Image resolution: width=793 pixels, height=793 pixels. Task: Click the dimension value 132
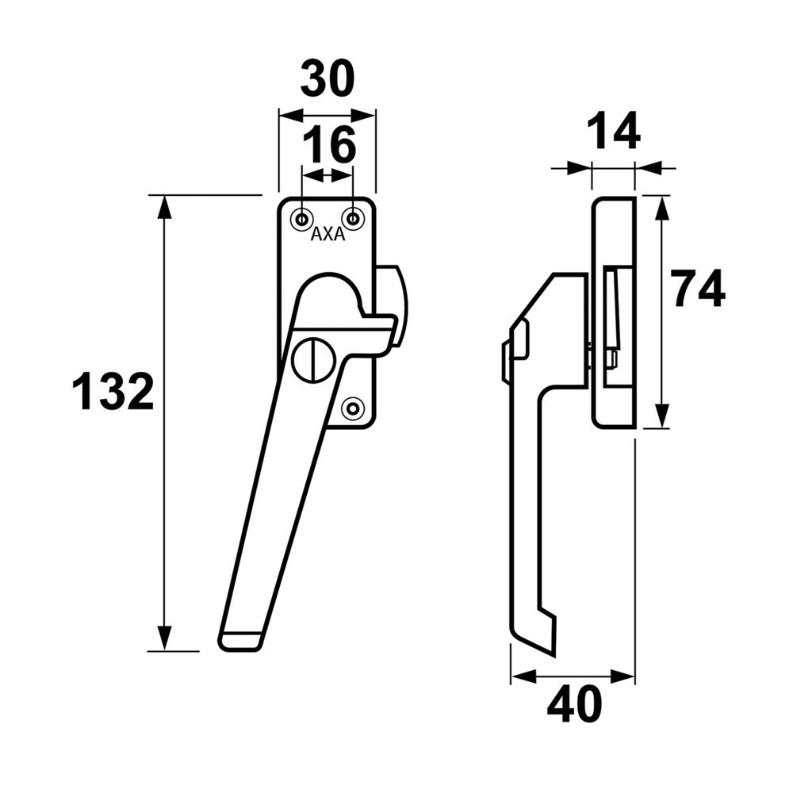tap(113, 392)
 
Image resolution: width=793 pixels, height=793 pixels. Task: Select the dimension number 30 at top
tap(327, 79)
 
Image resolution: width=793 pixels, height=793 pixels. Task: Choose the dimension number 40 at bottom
tap(574, 705)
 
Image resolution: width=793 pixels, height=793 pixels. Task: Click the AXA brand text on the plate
tap(328, 235)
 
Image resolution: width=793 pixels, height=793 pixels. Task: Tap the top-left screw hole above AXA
tap(302, 217)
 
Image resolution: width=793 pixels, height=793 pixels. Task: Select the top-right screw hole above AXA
tap(352, 217)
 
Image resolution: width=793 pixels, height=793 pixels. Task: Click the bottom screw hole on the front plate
tap(352, 408)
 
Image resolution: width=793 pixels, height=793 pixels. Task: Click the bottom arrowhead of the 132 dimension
tap(164, 639)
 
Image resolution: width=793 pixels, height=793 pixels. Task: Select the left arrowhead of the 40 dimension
tap(521, 677)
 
